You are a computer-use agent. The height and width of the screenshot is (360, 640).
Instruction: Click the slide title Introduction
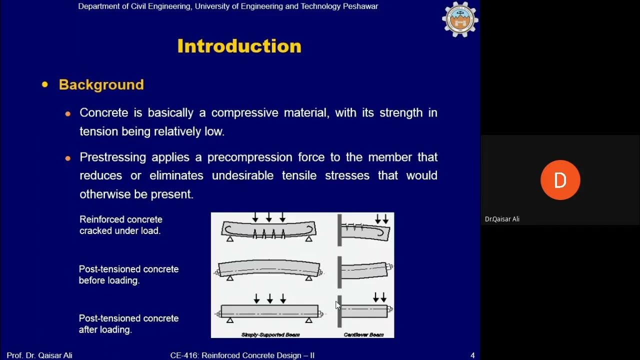(239, 46)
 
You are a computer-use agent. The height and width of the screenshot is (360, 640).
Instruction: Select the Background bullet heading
(101, 84)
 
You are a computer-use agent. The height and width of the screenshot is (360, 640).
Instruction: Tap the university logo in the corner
(460, 19)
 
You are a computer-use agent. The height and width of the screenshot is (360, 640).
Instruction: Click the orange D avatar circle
(560, 180)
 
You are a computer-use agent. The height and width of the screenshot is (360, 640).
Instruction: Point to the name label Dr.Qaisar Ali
(502, 219)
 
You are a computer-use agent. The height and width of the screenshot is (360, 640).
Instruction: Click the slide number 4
(472, 355)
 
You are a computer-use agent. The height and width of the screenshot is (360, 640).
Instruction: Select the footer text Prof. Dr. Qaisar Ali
(39, 355)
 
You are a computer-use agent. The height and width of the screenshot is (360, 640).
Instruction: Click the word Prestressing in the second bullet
(113, 157)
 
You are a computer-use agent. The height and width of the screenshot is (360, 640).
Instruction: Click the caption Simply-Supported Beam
(270, 334)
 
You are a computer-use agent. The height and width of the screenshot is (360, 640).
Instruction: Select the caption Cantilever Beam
(363, 334)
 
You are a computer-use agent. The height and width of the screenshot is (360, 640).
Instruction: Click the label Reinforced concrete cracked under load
(120, 225)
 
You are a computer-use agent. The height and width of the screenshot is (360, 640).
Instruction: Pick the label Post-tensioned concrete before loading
(128, 274)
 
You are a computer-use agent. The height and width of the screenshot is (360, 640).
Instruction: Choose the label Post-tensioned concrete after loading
(128, 324)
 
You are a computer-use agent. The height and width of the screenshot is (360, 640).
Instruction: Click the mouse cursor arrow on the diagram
(337, 305)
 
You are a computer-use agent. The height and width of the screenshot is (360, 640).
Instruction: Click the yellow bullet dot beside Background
(45, 84)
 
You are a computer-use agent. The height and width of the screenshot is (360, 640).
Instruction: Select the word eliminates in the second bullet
(176, 175)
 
